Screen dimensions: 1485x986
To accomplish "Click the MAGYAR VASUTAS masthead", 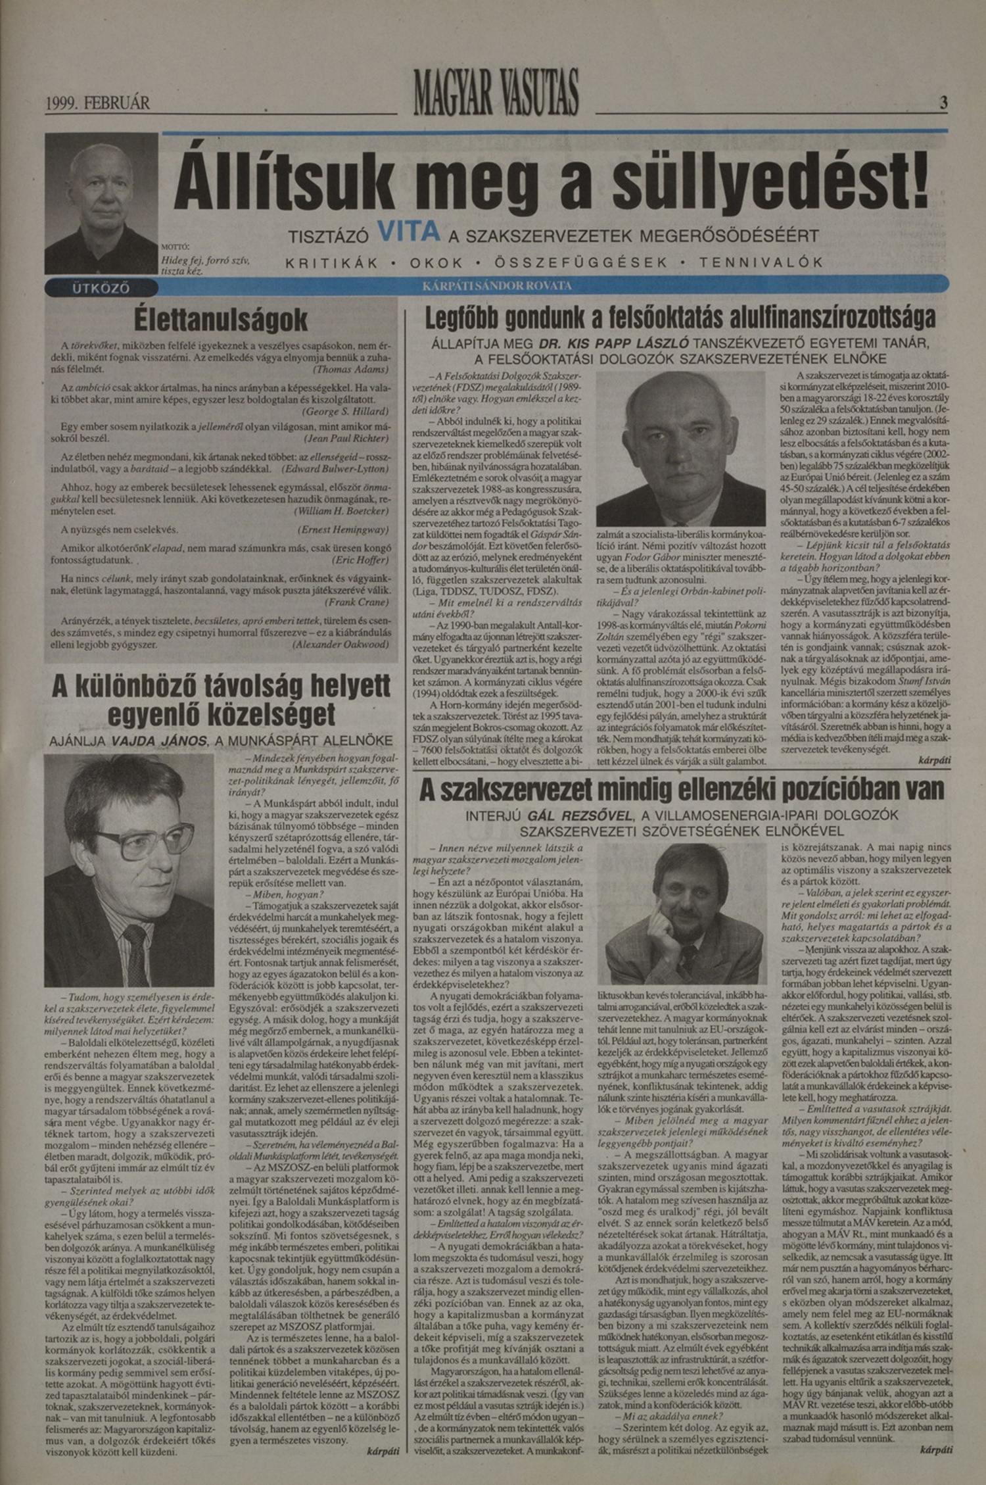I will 496,93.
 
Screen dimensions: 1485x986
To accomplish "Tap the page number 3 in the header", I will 943,103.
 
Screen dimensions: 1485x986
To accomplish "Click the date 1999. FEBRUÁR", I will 97,103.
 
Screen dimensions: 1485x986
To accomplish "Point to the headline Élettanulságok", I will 221,320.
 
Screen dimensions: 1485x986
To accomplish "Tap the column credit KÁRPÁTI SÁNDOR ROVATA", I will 497,286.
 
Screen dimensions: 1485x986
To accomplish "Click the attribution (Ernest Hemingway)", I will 342,529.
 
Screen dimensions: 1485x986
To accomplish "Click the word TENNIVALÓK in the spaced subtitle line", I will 761,262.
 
